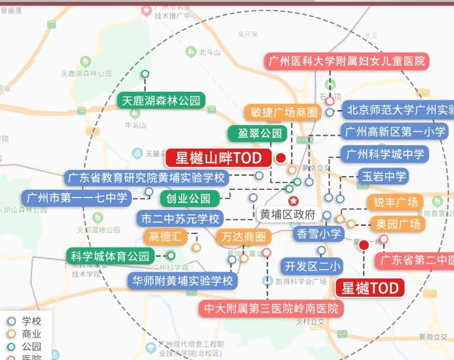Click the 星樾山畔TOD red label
(218, 158)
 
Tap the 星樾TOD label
(370, 289)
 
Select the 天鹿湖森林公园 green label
(161, 101)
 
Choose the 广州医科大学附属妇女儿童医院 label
(347, 61)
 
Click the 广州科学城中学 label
(385, 154)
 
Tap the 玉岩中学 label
(383, 176)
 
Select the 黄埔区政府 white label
(287, 215)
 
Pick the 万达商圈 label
(244, 237)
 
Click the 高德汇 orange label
(165, 236)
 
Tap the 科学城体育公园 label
(111, 256)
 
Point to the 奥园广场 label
(398, 224)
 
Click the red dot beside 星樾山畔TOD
(281, 158)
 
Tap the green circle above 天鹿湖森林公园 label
(145, 74)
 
